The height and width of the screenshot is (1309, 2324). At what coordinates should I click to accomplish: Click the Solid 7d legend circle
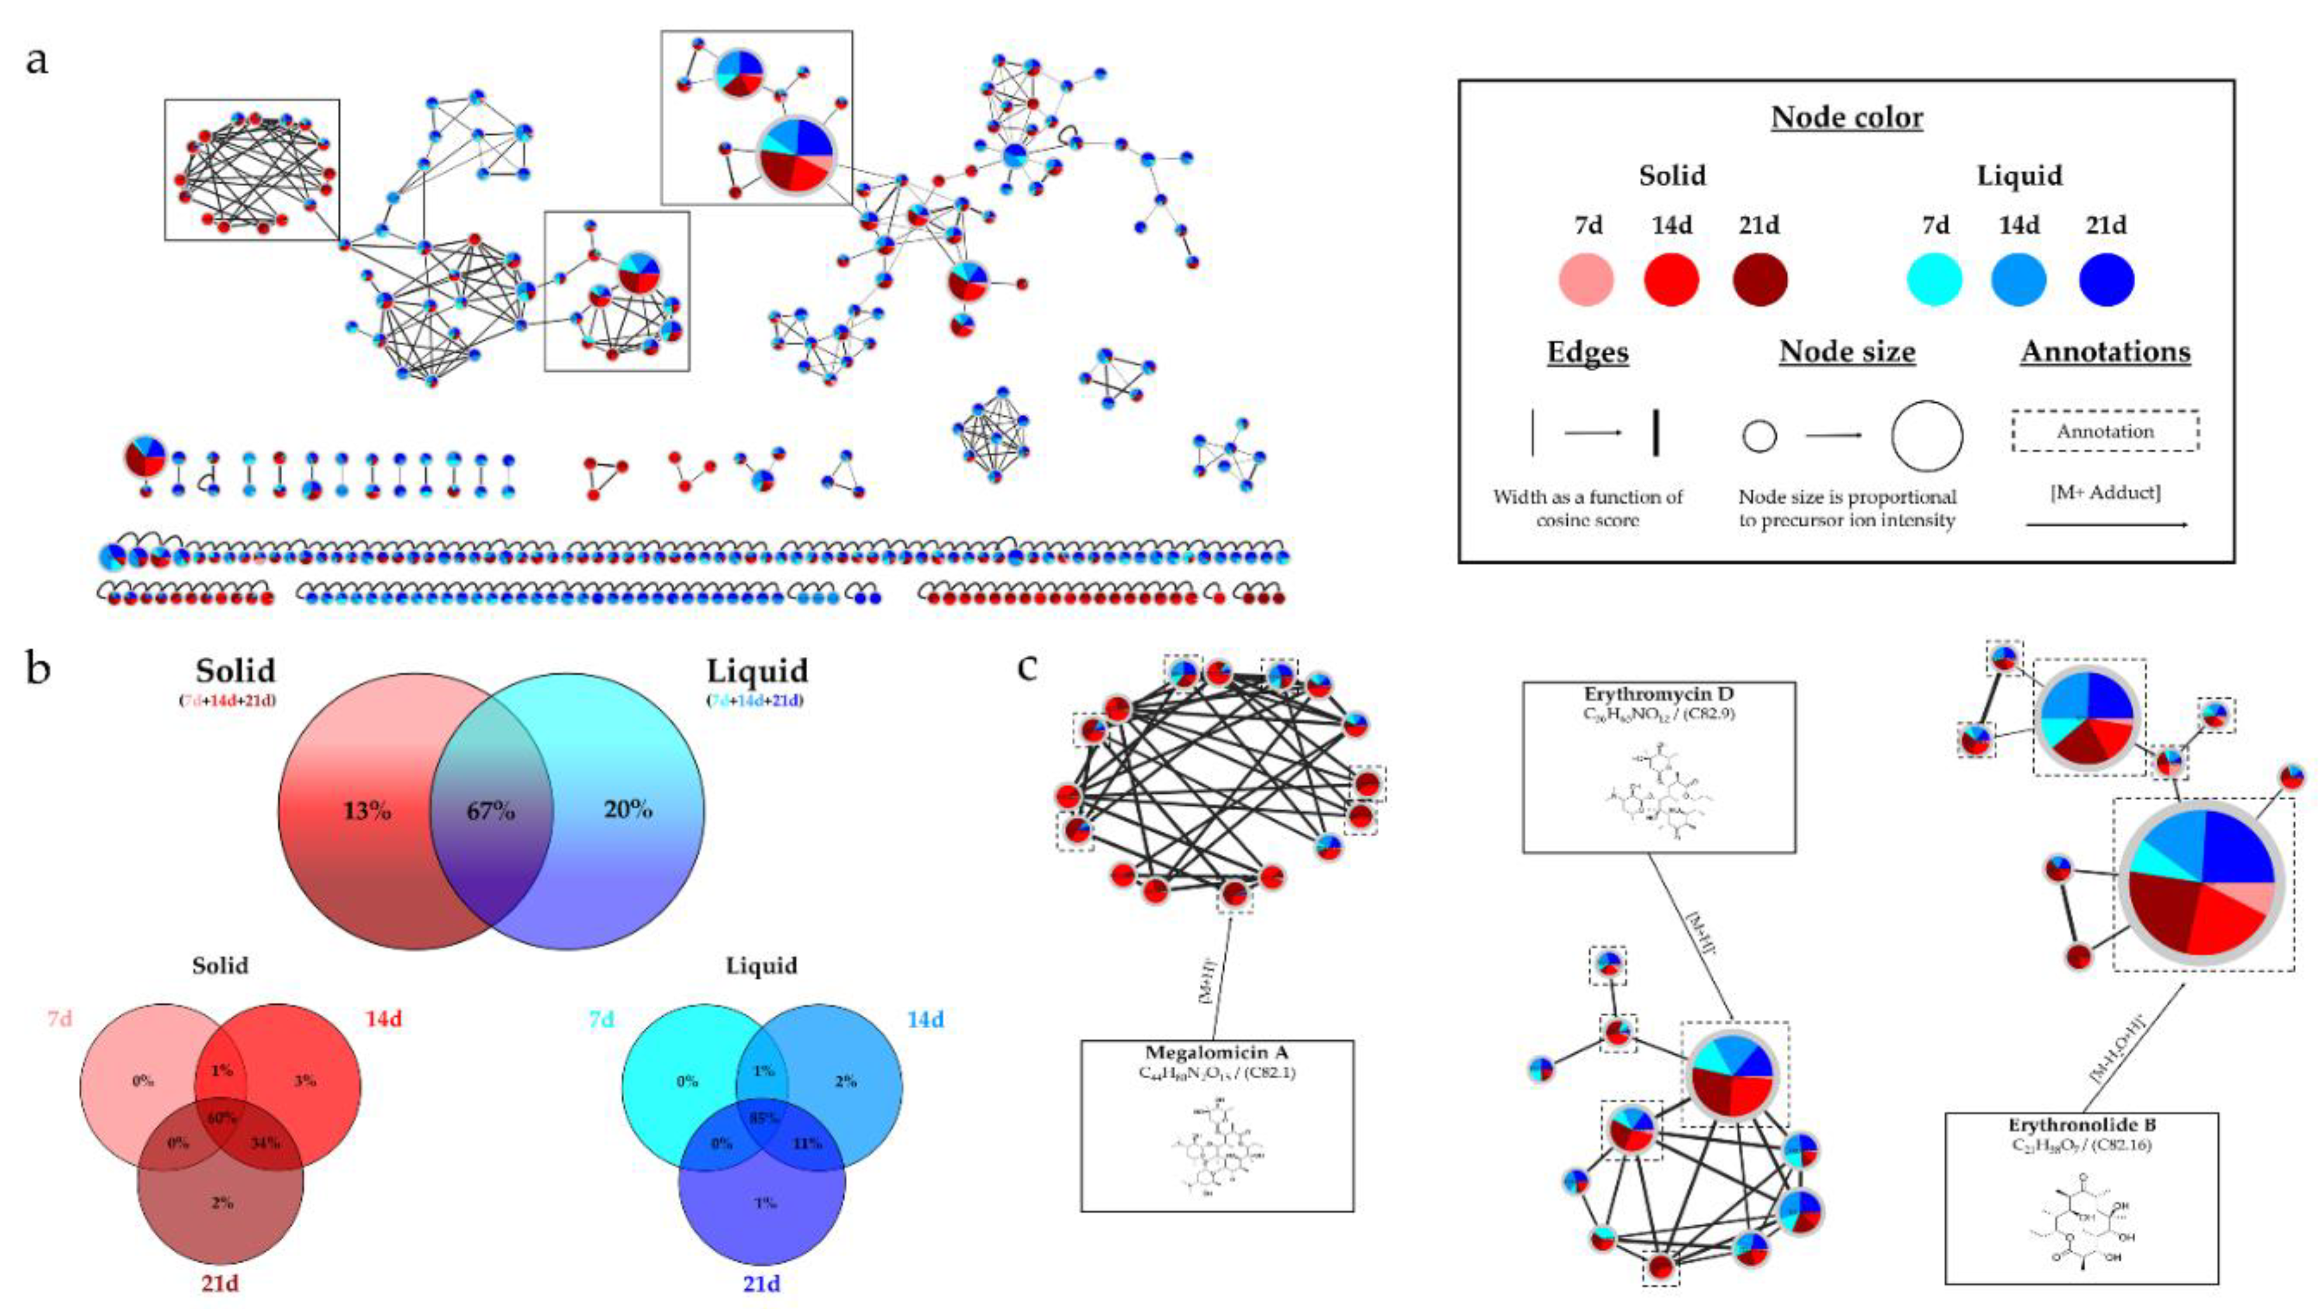pyautogui.click(x=1585, y=279)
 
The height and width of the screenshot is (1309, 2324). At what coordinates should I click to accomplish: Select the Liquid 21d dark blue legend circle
pyautogui.click(x=2105, y=279)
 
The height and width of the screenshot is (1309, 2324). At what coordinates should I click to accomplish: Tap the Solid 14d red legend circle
pyautogui.click(x=1671, y=279)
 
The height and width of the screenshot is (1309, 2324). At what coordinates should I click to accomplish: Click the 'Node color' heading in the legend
pyautogui.click(x=1847, y=118)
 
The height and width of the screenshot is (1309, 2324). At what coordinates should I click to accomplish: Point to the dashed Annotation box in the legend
pyautogui.click(x=2105, y=431)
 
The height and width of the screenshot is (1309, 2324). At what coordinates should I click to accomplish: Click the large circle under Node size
pyautogui.click(x=1926, y=437)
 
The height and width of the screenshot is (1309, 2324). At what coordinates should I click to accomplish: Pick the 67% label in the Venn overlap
pyautogui.click(x=491, y=811)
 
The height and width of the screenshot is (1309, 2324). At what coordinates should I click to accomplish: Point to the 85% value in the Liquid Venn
pyautogui.click(x=763, y=1118)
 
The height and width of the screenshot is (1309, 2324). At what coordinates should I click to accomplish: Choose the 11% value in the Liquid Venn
pyautogui.click(x=806, y=1143)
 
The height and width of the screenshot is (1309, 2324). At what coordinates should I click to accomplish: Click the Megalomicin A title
pyautogui.click(x=1216, y=1053)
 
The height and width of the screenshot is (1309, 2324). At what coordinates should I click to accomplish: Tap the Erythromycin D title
pyautogui.click(x=1658, y=695)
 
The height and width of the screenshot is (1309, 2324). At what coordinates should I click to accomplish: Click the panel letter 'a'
pyautogui.click(x=37, y=62)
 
